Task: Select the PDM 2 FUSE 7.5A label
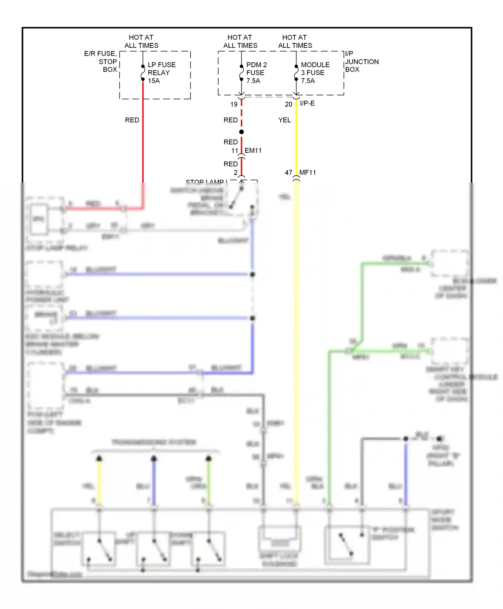256,73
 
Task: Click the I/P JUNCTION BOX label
361,61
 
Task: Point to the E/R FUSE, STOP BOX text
101,61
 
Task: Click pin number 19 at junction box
234,104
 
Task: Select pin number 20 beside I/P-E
288,104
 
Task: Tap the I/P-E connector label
307,103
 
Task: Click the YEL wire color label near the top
284,120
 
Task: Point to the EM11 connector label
253,150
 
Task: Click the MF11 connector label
308,173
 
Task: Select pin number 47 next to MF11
288,173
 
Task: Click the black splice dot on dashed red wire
241,132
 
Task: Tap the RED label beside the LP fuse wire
132,120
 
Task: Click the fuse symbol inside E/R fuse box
143,73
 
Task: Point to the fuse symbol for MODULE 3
296,73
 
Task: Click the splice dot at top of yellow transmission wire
99,459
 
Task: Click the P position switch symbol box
347,544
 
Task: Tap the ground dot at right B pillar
440,438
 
